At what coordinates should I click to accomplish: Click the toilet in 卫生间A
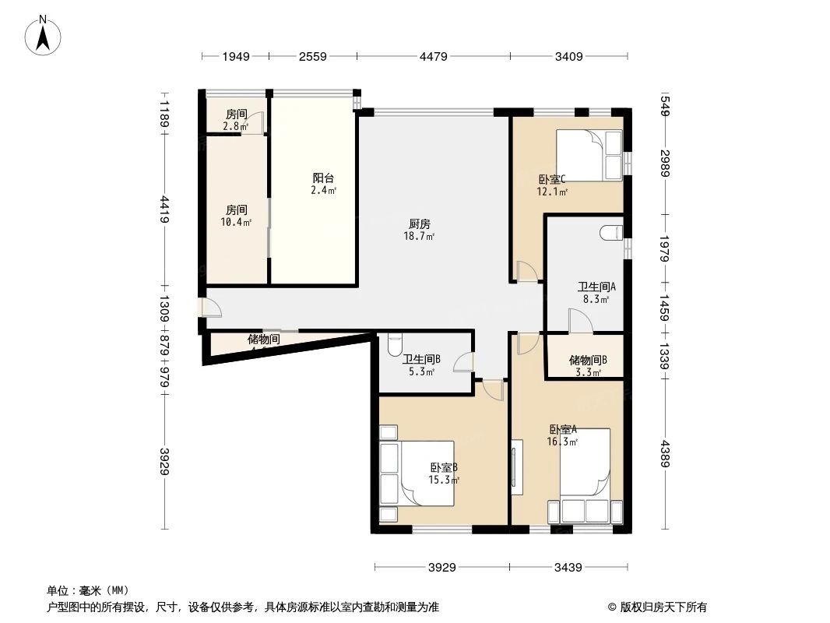611,231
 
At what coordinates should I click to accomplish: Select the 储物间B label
587,360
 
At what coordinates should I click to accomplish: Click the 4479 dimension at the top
434,56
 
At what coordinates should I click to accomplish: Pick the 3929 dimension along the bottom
441,568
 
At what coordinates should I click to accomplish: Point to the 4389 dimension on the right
664,455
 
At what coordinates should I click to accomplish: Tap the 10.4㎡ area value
237,223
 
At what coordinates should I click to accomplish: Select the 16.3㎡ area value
562,442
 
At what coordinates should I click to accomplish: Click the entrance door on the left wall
211,308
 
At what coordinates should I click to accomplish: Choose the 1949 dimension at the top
236,56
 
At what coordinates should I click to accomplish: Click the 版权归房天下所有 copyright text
657,607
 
